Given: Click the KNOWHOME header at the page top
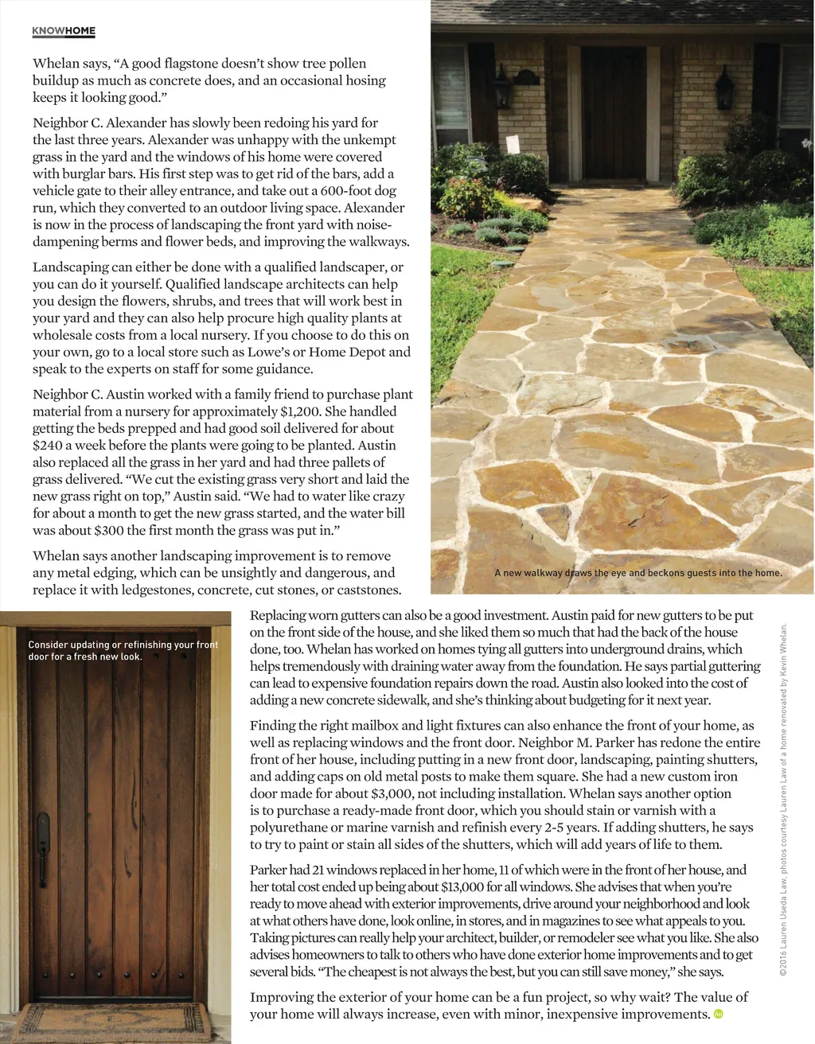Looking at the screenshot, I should pyautogui.click(x=64, y=31).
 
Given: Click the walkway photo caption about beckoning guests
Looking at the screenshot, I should pyautogui.click(x=638, y=573).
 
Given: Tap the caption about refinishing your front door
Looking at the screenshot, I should pyautogui.click(x=123, y=650).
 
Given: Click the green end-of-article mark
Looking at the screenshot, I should pyautogui.click(x=718, y=1014).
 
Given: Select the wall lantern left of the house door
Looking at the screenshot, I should pyautogui.click(x=502, y=88).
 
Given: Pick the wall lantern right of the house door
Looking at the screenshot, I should pyautogui.click(x=724, y=87).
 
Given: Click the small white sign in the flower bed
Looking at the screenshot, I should pyautogui.click(x=513, y=144).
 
